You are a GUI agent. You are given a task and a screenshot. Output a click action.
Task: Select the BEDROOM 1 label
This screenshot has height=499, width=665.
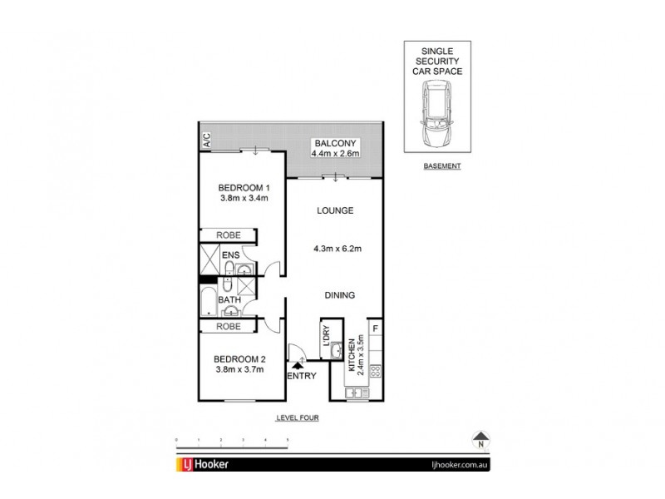(242, 187)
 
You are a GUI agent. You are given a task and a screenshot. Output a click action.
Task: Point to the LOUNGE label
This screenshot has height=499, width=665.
(335, 210)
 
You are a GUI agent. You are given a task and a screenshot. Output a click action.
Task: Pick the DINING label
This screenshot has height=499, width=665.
(340, 294)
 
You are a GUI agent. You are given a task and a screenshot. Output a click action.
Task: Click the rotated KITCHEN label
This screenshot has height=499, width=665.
(353, 355)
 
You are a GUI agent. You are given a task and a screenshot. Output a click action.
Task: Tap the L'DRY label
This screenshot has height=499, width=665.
(327, 333)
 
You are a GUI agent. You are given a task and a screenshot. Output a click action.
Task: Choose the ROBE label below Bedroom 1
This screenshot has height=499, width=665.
(229, 235)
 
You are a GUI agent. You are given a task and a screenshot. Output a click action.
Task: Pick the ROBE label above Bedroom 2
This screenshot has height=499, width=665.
(229, 327)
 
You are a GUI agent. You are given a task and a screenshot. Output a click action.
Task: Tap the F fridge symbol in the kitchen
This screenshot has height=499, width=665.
(376, 328)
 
